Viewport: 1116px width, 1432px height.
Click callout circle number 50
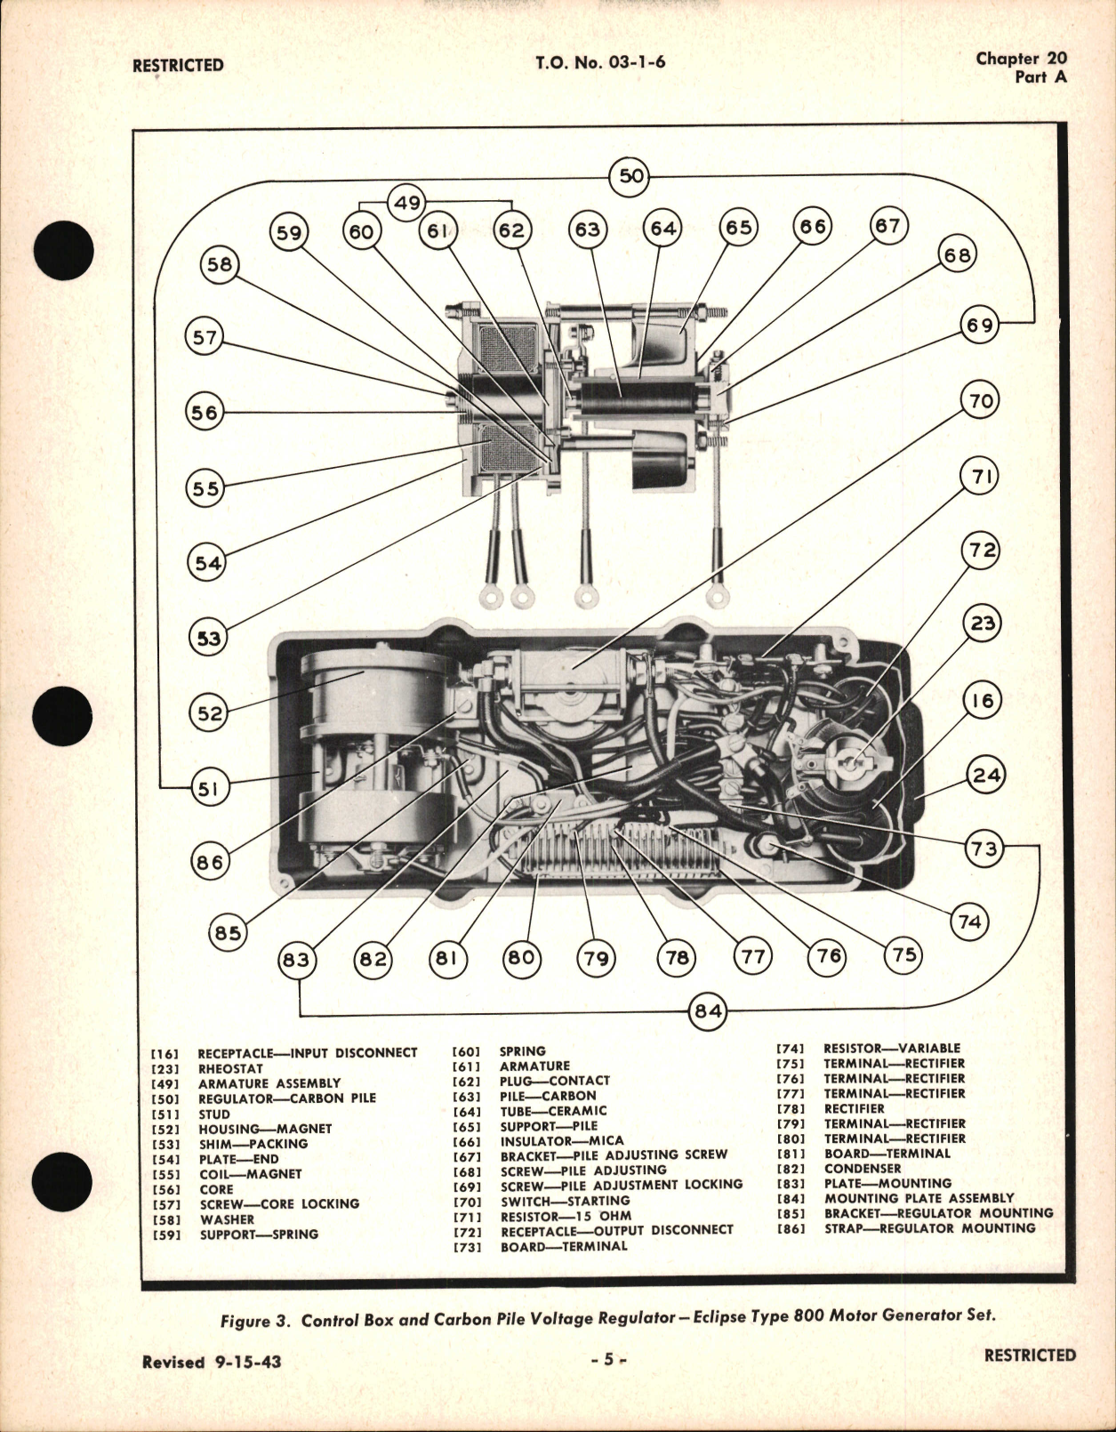[x=630, y=175]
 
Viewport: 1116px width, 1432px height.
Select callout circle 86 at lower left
[x=210, y=861]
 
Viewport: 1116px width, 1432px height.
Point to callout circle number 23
[x=982, y=623]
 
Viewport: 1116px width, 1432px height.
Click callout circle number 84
[x=708, y=1011]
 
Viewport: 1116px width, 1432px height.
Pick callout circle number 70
[x=980, y=400]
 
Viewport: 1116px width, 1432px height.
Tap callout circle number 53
[x=208, y=638]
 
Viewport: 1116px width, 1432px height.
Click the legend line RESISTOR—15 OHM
[x=566, y=1215]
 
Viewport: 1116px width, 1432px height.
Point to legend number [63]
[x=467, y=1096]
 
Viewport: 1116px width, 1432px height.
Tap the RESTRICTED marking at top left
[x=178, y=65]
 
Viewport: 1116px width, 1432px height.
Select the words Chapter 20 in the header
[x=1021, y=59]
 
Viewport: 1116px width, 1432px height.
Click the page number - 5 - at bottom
[x=608, y=1359]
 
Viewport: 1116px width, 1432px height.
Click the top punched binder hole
[x=60, y=248]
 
